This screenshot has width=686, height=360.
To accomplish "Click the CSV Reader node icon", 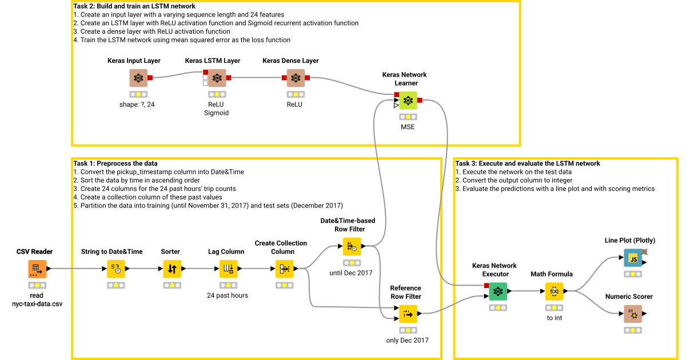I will pos(37,269).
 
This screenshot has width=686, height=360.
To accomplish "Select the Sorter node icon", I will pos(172,269).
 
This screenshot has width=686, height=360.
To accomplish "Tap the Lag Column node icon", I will pos(228,269).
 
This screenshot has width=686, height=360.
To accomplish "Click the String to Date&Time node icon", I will pos(116,269).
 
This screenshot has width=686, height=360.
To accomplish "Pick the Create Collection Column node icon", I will pos(284,269).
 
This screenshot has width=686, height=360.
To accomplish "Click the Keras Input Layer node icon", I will pos(138,78).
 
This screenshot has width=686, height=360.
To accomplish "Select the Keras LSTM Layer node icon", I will pos(217,78).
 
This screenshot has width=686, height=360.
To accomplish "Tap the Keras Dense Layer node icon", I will pos(295,78).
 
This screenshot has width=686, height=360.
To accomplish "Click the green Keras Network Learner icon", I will pos(408,101).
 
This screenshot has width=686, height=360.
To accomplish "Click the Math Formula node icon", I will pos(554,291).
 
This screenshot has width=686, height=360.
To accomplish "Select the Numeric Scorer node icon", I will pos(633,314).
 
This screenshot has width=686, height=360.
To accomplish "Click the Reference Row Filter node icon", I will pos(408,314).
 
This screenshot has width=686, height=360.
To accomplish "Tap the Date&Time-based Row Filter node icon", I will pos(352,246).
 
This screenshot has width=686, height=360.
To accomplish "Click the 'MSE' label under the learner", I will pos(407,127).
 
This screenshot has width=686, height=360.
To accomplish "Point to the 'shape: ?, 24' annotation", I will pos(138,104).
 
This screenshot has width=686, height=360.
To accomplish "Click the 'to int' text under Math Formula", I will pos(554,318).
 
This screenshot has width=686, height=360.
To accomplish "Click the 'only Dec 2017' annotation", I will pos(408,341).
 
